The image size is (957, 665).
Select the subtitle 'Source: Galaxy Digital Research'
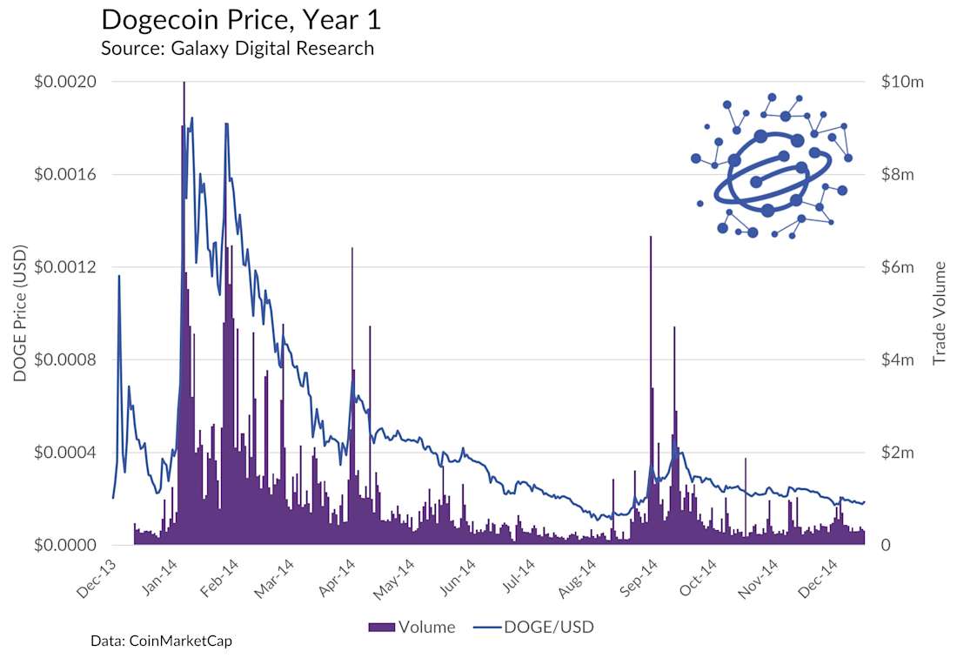[x=238, y=48]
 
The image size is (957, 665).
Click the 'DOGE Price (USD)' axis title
[x=21, y=312]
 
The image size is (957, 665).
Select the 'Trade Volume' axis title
[x=940, y=312]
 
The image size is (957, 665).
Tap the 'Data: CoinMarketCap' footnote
[x=161, y=641]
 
